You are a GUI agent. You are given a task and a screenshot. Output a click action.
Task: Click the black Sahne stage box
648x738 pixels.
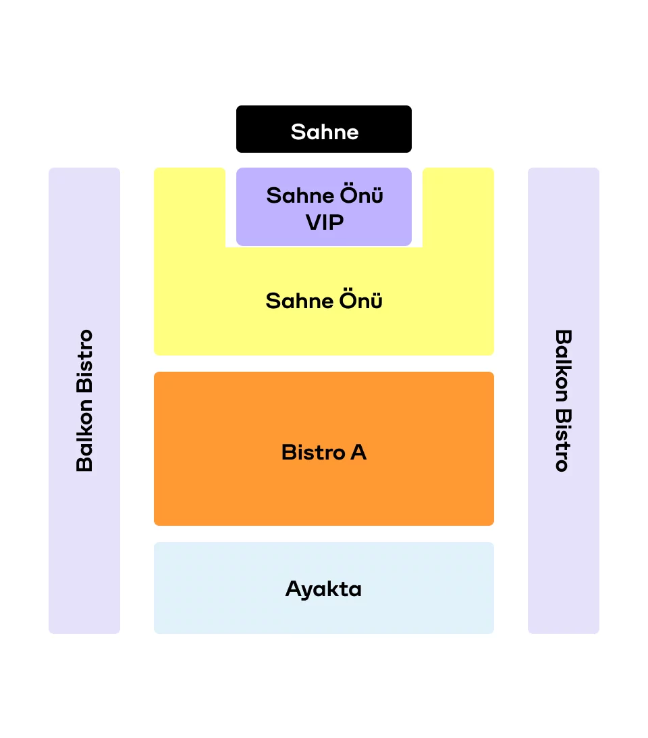point(323,129)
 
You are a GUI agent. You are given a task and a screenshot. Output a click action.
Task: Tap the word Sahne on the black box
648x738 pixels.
point(325,132)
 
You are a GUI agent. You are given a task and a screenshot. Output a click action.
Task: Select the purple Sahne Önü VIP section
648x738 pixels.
point(323,207)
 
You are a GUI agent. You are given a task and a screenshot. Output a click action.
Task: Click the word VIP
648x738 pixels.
point(325,222)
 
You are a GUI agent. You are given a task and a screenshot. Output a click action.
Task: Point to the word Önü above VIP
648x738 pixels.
point(362,195)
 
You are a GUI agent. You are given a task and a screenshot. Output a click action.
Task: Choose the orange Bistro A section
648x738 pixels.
point(323,449)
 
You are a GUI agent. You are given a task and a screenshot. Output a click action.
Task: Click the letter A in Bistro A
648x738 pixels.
point(358,452)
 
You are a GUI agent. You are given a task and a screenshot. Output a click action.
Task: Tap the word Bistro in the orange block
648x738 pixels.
point(313,452)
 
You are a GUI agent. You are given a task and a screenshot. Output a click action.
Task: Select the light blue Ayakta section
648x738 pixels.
point(323,588)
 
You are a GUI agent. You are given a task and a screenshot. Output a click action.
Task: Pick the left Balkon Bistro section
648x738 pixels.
point(84,401)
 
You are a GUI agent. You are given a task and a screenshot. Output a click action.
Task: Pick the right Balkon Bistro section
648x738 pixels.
point(564,401)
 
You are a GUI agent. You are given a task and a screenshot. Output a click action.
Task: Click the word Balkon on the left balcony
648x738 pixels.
point(84,435)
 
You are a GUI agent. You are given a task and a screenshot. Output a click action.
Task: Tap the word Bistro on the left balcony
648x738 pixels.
point(84,361)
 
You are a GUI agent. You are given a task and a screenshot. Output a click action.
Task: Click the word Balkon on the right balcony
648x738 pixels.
point(564,366)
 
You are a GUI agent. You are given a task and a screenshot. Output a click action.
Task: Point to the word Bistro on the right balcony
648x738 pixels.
point(564,440)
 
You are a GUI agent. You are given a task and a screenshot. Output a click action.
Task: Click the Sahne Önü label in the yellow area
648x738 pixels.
point(324,300)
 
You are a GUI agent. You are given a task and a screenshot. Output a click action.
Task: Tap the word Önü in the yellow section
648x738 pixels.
point(361,300)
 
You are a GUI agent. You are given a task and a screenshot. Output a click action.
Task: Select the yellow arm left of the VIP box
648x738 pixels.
point(190,207)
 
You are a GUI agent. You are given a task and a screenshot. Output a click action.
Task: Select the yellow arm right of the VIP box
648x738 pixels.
point(458,207)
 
